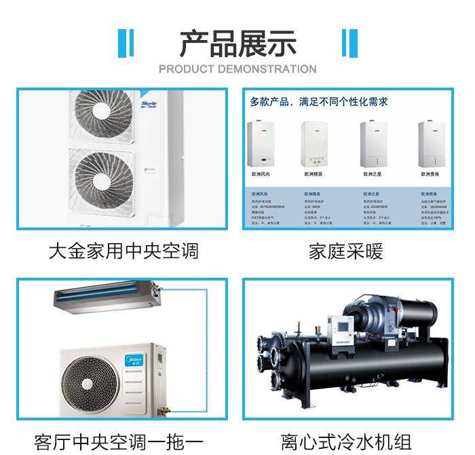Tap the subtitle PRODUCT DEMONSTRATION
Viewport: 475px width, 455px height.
tap(237, 69)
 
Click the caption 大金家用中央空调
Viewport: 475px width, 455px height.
tap(123, 251)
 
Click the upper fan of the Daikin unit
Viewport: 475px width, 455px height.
tap(104, 115)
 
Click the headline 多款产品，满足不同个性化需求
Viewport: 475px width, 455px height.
tap(318, 102)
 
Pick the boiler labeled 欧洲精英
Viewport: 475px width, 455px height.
tap(316, 143)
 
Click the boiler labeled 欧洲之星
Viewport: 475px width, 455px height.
tap(374, 143)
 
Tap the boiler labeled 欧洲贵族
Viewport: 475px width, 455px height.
tap(430, 143)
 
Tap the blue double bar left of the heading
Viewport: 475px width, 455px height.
tap(126, 43)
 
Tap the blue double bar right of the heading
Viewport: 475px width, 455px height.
tap(349, 43)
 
